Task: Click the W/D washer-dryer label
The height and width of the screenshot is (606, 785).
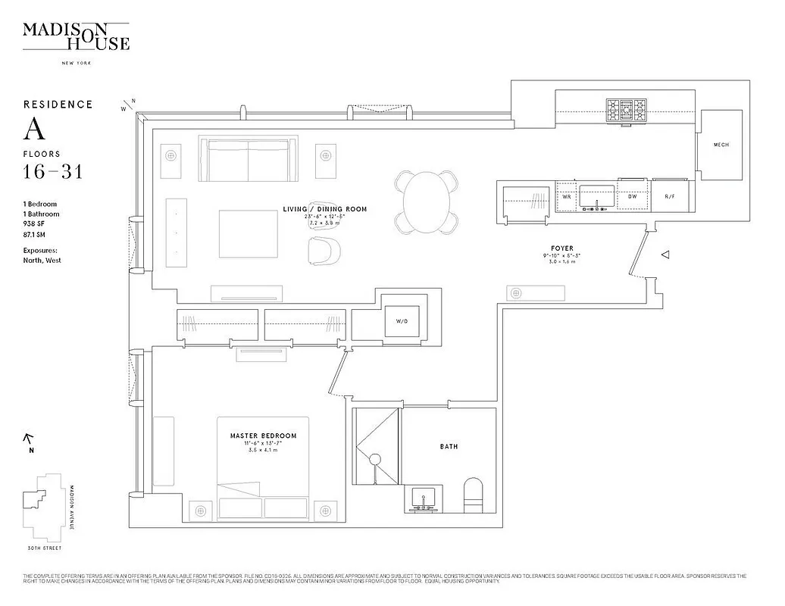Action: (402, 321)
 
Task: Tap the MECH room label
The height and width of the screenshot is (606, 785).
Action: (721, 145)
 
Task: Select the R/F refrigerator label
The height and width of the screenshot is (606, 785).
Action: (670, 196)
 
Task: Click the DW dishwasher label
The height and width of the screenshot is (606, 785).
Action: (633, 196)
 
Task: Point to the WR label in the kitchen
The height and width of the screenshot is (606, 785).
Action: (565, 196)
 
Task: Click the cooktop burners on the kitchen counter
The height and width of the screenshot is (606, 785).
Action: (627, 111)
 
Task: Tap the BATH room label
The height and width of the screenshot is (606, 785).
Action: (449, 446)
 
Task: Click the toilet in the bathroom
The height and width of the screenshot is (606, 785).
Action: (473, 496)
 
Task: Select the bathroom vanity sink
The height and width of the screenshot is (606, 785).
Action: (422, 498)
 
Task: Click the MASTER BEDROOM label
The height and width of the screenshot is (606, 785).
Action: (263, 436)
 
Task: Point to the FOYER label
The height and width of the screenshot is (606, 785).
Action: (562, 248)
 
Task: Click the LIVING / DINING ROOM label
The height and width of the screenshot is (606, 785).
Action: (324, 209)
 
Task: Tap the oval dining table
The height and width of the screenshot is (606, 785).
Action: (427, 201)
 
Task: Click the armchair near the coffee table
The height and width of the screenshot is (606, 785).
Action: (326, 250)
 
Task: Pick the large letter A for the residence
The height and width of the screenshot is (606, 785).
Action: (34, 130)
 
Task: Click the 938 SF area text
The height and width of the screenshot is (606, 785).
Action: (36, 224)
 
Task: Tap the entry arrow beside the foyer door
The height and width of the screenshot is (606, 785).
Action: (665, 256)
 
